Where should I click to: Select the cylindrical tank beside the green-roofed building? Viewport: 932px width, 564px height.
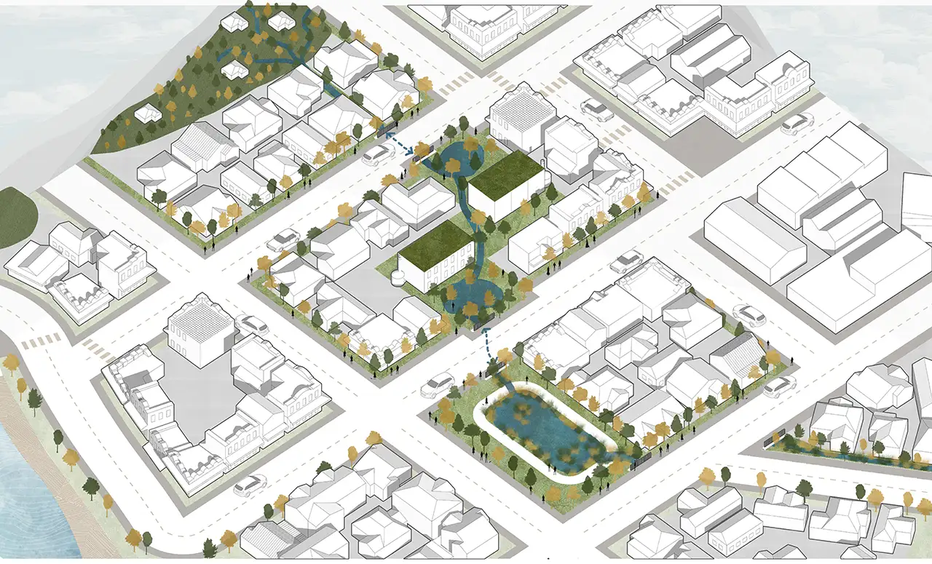click(x=398, y=276)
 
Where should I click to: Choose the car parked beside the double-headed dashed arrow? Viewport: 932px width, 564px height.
click(x=376, y=154)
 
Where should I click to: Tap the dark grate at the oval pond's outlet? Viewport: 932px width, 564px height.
click(x=641, y=460)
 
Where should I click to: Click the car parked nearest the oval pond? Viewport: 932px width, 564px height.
click(x=437, y=384)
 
